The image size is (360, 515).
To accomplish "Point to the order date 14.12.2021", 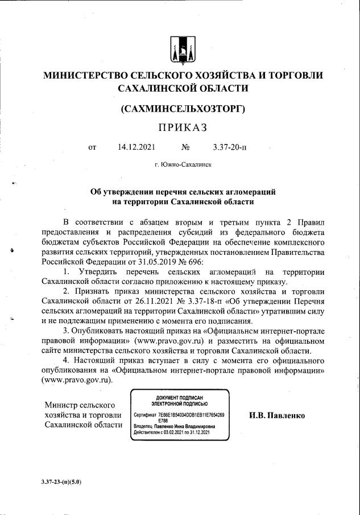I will tap(136, 147).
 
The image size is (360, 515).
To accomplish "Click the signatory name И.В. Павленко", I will tap(277, 415).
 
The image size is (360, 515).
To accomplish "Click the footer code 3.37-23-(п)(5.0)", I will tap(61, 481).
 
